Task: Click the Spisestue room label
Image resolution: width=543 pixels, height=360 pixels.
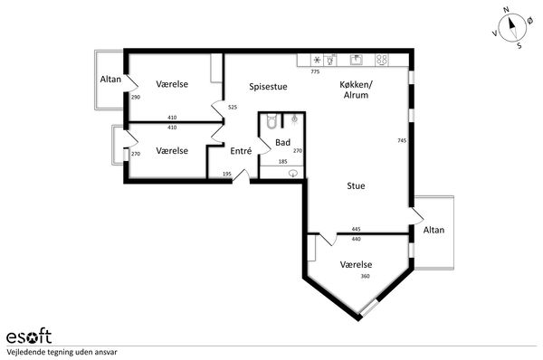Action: pyautogui.click(x=268, y=87)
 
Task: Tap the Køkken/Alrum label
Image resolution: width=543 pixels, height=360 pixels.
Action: pyautogui.click(x=356, y=90)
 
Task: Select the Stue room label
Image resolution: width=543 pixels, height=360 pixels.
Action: pyautogui.click(x=356, y=186)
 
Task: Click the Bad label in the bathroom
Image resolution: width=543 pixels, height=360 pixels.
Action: pyautogui.click(x=282, y=142)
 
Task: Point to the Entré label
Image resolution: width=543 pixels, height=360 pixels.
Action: pyautogui.click(x=241, y=151)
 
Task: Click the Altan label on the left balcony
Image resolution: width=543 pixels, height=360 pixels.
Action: pyautogui.click(x=110, y=80)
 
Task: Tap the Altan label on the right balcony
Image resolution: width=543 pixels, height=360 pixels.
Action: pyautogui.click(x=433, y=230)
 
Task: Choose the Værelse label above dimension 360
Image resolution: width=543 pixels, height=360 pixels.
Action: pyautogui.click(x=356, y=264)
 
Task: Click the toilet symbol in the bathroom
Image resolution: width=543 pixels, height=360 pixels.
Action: pyautogui.click(x=271, y=121)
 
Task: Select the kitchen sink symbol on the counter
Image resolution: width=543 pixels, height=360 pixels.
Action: pyautogui.click(x=357, y=60)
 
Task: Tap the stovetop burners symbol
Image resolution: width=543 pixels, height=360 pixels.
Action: pyautogui.click(x=381, y=60)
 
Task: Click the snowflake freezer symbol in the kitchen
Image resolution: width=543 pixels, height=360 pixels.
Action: pyautogui.click(x=317, y=61)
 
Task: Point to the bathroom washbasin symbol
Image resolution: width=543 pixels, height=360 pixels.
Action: pyautogui.click(x=293, y=173)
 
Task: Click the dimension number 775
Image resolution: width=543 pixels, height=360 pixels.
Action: pyautogui.click(x=315, y=72)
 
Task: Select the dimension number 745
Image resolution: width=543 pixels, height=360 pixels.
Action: pyautogui.click(x=402, y=140)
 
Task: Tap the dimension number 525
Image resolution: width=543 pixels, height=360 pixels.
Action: pyautogui.click(x=233, y=108)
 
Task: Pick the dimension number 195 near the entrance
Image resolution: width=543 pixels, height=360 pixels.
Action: pyautogui.click(x=227, y=174)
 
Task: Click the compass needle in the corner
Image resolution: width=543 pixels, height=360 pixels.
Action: pyautogui.click(x=512, y=28)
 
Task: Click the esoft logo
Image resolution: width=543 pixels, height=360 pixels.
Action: pyautogui.click(x=29, y=336)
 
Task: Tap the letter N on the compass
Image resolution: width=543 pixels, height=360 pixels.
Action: pyautogui.click(x=506, y=10)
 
